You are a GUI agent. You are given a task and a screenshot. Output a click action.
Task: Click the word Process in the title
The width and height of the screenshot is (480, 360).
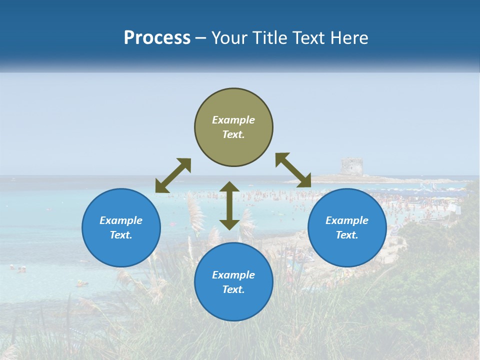click(157, 38)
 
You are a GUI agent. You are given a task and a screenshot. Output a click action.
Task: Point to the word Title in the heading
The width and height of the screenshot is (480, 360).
click(270, 38)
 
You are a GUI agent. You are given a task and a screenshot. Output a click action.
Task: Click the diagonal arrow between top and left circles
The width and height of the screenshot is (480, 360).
click(173, 175)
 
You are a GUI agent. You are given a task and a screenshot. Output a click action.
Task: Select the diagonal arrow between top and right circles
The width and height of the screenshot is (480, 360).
click(293, 170)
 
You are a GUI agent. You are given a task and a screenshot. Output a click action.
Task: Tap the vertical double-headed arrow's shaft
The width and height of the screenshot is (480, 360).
click(229, 205)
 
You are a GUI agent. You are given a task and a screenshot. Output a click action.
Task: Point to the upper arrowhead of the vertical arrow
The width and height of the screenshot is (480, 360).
click(229, 187)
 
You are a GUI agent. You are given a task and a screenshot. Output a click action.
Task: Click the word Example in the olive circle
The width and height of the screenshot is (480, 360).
click(233, 120)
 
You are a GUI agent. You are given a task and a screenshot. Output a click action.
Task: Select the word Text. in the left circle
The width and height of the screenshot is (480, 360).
click(121, 235)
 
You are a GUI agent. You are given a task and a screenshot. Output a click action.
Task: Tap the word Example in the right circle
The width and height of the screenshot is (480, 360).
click(347, 220)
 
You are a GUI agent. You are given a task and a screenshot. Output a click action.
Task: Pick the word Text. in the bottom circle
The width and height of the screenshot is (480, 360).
click(233, 289)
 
